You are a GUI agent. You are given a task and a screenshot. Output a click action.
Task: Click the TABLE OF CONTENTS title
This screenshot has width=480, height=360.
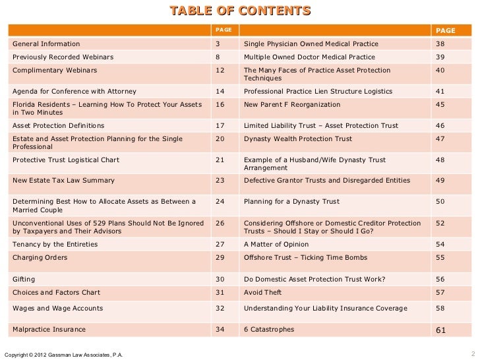[240, 11]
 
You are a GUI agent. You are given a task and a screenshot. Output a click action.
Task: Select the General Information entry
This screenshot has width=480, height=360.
[46, 44]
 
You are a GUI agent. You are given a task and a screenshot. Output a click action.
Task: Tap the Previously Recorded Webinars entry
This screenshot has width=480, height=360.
[63, 57]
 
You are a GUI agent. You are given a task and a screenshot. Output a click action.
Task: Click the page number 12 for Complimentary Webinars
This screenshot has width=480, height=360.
[220, 70]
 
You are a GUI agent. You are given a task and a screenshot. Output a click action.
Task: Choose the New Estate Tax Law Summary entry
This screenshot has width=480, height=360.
[63, 180]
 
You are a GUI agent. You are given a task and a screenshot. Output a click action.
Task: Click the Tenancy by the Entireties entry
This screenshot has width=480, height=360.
[55, 245]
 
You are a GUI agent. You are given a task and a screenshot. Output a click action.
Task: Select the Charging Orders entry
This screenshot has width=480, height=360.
[40, 258]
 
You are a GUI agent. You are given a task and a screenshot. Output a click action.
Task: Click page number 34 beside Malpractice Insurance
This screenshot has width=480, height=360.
[220, 329]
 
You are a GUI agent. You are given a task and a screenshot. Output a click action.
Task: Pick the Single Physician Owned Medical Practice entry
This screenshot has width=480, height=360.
[311, 44]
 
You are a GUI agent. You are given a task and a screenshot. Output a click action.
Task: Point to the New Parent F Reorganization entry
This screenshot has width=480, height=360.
[292, 104]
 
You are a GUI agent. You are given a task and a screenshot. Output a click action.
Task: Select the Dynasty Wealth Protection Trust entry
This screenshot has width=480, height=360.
[298, 139]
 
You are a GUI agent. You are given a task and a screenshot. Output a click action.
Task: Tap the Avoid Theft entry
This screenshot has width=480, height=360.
[262, 292]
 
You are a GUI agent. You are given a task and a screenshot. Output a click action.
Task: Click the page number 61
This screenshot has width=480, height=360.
[441, 330]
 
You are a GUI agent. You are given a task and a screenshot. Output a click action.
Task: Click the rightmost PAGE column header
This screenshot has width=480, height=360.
[445, 30]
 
